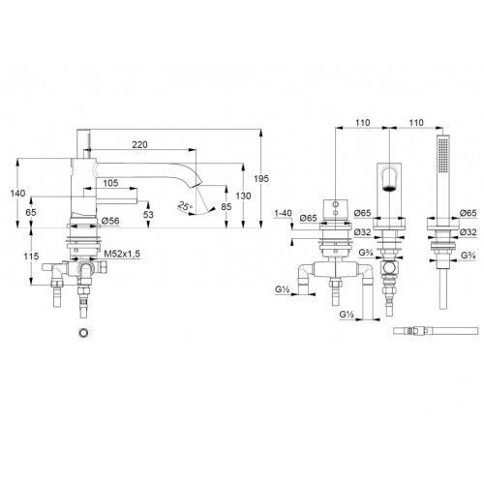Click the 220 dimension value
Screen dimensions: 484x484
click(139, 144)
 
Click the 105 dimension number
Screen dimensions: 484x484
click(110, 183)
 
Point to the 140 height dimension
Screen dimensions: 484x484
click(17, 194)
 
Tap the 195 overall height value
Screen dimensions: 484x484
click(261, 178)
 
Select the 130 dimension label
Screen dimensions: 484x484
click(243, 196)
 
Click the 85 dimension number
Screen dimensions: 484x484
click(227, 206)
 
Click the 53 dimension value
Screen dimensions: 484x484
click(148, 214)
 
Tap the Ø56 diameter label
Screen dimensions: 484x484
click(110, 221)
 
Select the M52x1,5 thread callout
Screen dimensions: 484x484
click(122, 254)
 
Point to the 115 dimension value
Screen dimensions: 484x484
click(31, 257)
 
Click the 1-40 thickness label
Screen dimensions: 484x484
click(283, 213)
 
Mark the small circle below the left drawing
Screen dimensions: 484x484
click(84, 332)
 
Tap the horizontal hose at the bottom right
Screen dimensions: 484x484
click(436, 331)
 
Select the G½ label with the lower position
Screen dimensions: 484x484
click(348, 314)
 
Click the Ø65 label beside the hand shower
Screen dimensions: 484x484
click(469, 213)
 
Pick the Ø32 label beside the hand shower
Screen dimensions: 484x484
click(469, 231)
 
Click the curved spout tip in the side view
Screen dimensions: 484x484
click(194, 185)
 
